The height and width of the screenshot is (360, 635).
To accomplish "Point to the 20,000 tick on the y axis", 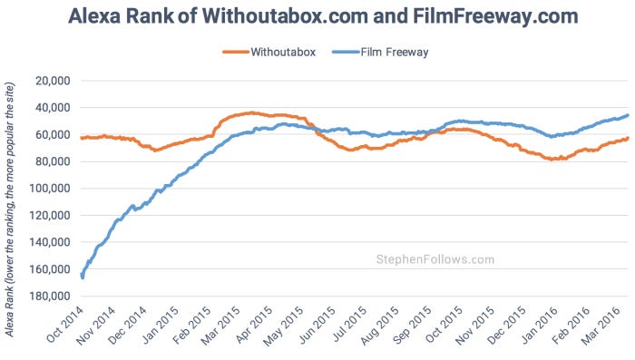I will click(52, 81).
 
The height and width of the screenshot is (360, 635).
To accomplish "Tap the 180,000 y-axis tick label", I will click(49, 297).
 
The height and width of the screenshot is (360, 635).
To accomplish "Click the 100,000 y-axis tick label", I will click(49, 189).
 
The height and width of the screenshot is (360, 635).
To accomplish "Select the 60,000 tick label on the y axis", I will click(52, 135).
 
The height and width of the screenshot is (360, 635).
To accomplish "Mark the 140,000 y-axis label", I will click(49, 243).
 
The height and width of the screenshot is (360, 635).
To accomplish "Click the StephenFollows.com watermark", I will click(435, 259).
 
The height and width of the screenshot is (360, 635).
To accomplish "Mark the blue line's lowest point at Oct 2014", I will click(83, 277).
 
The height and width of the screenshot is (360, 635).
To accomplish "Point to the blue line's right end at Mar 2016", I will click(629, 115).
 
